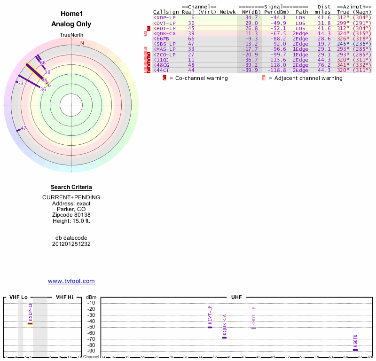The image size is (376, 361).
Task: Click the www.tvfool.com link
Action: (71, 281)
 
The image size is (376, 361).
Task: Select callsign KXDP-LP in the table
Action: (164, 17)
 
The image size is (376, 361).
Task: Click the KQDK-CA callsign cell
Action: (164, 33)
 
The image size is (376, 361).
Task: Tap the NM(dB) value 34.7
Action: (251, 17)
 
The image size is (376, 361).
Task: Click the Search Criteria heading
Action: (71, 188)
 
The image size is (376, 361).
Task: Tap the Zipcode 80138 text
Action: (71, 215)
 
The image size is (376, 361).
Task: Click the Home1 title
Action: (71, 14)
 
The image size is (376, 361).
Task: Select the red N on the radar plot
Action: (82, 43)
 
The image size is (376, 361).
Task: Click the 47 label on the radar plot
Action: (23, 128)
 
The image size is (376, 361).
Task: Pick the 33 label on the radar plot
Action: (20, 83)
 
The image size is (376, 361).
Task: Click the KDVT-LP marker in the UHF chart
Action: (210, 327)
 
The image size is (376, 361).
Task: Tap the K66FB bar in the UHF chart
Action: (355, 350)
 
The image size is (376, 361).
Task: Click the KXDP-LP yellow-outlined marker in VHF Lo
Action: (31, 323)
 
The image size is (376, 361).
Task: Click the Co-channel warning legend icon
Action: (164, 78)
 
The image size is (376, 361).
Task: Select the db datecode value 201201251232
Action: (71, 244)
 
